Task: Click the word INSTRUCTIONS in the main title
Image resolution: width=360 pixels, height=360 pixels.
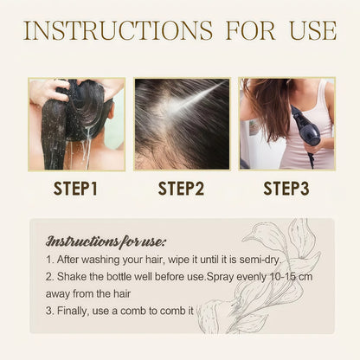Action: [118, 30]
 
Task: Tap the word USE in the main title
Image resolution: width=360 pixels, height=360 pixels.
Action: [313, 30]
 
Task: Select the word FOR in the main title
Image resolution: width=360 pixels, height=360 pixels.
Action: [250, 30]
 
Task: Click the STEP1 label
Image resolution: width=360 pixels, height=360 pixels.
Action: [75, 189]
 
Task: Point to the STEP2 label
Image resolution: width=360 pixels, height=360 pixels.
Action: [181, 189]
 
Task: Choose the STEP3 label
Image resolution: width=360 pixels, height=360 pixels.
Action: [286, 189]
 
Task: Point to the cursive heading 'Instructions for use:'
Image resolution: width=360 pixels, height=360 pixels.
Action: [106, 241]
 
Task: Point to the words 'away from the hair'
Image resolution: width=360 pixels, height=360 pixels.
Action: [88, 294]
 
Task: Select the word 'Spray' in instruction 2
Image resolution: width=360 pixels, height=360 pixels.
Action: [221, 277]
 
